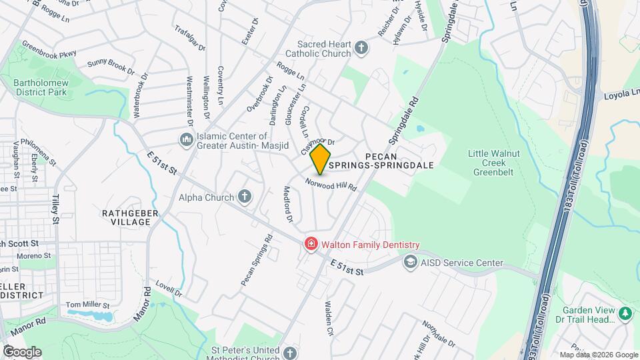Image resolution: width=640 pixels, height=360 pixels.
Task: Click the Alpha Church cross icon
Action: coord(245,197)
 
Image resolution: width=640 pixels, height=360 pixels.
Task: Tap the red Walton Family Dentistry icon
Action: coord(310,245)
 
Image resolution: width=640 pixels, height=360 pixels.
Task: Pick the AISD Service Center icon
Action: coord(410,263)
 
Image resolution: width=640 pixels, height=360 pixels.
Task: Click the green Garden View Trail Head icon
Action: coord(625,313)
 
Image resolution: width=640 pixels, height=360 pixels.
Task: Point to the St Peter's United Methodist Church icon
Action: coord(289,352)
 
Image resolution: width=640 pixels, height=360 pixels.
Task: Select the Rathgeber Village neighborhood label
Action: coord(125,217)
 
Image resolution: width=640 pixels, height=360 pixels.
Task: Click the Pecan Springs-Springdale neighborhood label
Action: coord(400,159)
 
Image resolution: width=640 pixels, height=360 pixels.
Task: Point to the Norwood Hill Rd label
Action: coord(331,184)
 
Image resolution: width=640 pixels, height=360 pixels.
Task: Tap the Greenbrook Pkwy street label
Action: coord(49,55)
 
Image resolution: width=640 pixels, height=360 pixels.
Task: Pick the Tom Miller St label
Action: coord(87,305)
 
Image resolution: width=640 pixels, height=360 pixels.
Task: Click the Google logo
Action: coord(22,352)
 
